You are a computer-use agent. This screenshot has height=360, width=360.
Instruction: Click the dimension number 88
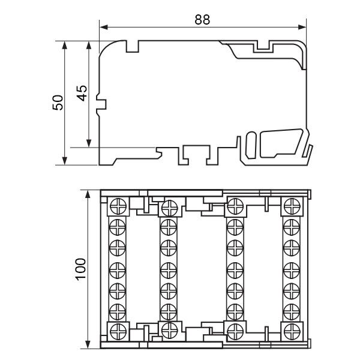pos(202,20)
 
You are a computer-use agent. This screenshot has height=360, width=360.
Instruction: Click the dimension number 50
pos(58,103)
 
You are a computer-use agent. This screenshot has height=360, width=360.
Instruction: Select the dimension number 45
pos(82,93)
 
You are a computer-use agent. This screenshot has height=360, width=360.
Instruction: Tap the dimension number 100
pos(81,269)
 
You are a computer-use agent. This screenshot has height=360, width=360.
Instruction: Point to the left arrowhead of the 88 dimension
pos(104,28)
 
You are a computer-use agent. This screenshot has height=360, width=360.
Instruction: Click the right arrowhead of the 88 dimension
pos(302,28)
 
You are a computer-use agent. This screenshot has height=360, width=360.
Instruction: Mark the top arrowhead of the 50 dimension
pos(65,46)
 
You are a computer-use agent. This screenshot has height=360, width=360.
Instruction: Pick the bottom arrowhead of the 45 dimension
pos(89,143)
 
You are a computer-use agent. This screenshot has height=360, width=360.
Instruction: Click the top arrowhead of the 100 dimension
pos(88,194)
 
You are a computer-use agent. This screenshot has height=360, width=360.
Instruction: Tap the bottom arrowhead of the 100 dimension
pos(88,344)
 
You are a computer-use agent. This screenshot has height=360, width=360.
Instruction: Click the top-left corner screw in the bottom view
pos(118,206)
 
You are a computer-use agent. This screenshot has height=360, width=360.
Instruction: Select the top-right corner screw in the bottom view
pos(292,206)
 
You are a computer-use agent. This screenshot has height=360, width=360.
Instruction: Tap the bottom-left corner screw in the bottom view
pos(118,332)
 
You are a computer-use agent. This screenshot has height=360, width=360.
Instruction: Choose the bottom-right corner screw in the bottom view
pos(292,332)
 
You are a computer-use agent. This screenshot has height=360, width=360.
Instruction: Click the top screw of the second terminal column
pos(170,208)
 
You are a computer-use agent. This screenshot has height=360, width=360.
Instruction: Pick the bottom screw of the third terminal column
pos(235,332)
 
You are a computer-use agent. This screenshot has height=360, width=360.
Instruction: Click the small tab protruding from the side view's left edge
pos(101,104)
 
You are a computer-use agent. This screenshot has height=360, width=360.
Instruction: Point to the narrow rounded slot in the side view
pos(251,145)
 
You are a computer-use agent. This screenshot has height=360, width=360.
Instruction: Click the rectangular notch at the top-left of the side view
pos(133,46)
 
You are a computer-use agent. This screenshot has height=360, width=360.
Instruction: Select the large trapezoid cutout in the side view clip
pos(281,143)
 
